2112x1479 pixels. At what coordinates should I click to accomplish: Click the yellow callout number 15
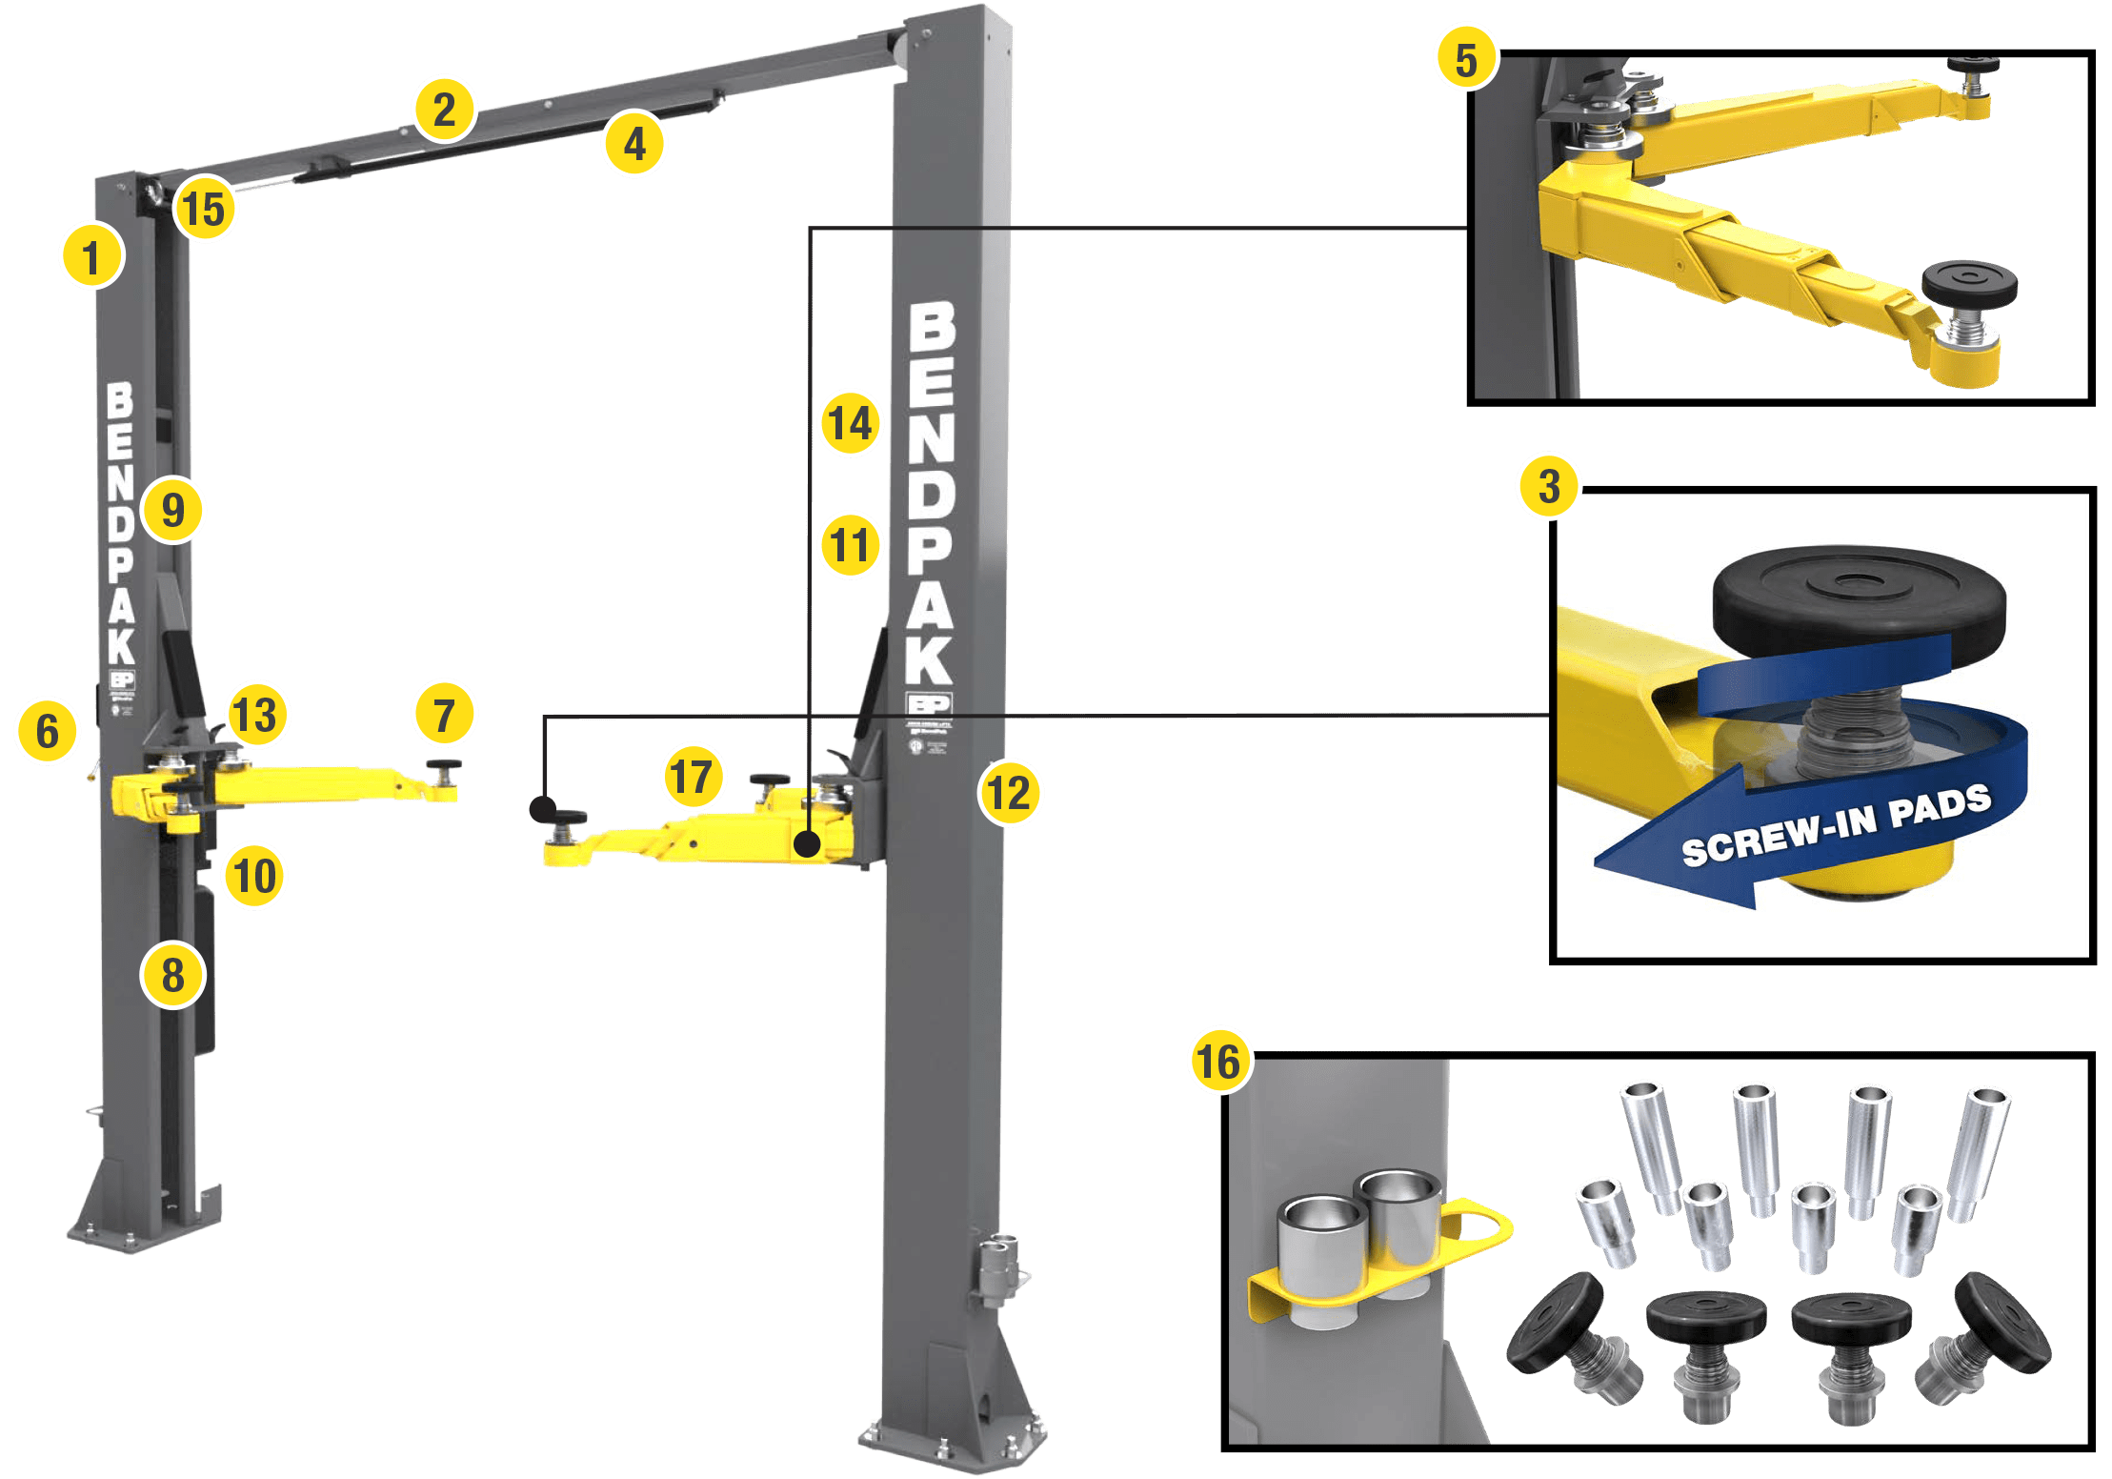(205, 210)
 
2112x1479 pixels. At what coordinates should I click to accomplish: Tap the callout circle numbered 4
(634, 144)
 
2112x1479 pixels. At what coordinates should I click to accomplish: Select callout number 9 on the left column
(173, 510)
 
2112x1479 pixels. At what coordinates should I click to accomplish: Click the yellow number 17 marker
(693, 776)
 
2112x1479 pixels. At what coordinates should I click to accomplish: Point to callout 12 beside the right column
(1010, 793)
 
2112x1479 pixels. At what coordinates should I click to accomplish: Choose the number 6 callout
(47, 732)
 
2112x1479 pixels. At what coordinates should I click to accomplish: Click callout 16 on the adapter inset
(1219, 1062)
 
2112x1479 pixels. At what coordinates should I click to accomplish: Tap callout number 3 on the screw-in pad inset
(1549, 487)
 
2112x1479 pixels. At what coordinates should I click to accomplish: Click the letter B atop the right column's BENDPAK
(931, 326)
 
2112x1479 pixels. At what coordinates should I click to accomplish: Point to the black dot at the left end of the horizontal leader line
(542, 809)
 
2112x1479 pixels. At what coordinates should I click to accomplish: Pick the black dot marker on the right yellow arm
(807, 844)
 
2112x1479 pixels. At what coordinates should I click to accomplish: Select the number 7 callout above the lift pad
(444, 715)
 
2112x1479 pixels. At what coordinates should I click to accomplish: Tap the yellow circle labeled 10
(254, 876)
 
